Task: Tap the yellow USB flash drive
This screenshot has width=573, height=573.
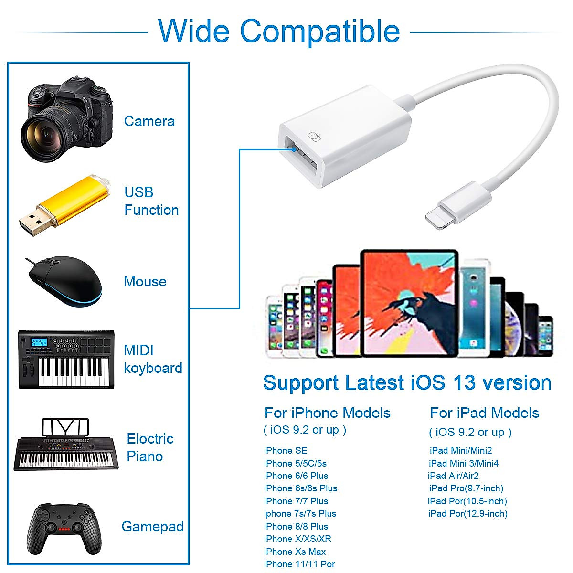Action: pos(64,205)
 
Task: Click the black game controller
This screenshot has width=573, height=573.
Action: pos(65,528)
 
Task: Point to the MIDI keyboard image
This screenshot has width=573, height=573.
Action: pos(66,359)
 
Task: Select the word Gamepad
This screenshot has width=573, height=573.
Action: pos(152,527)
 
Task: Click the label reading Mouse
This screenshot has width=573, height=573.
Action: pos(145,282)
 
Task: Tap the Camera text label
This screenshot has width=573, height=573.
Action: pos(149,121)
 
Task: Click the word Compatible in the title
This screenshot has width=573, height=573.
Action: pos(319,31)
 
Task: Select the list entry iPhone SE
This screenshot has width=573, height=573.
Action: pos(286,450)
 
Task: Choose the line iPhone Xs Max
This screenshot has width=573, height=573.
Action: pos(295,552)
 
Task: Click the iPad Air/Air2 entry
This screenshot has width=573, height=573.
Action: pos(453,476)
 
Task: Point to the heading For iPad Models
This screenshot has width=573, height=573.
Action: pos(484,413)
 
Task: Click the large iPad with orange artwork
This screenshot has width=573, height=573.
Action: pos(409,303)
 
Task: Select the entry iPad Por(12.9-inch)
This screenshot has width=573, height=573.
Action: pos(467,513)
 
